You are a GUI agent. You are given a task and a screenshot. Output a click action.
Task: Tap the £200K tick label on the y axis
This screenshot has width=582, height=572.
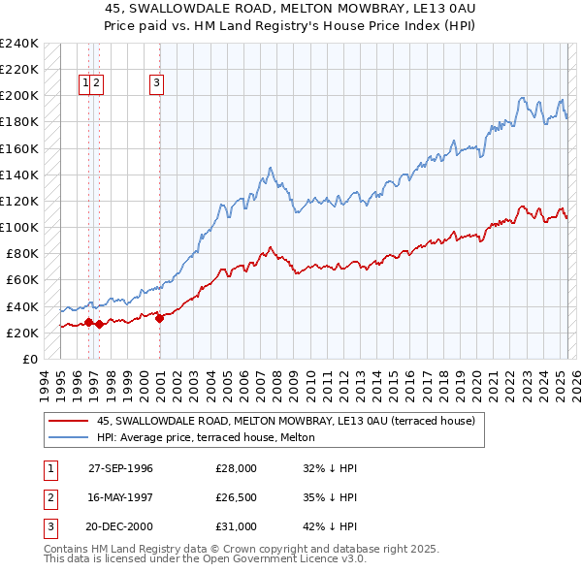(19, 96)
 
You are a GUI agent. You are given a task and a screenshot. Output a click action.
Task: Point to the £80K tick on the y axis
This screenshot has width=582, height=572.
(22, 254)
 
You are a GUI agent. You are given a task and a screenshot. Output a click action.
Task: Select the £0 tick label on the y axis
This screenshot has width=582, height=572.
(29, 359)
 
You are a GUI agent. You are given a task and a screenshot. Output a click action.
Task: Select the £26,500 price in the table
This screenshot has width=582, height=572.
(236, 497)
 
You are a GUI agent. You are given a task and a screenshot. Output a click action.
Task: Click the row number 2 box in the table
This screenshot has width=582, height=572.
(49, 497)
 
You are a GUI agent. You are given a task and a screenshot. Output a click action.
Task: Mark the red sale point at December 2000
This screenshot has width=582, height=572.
(159, 319)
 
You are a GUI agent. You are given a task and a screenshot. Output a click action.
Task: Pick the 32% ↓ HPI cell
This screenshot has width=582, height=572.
(330, 468)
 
